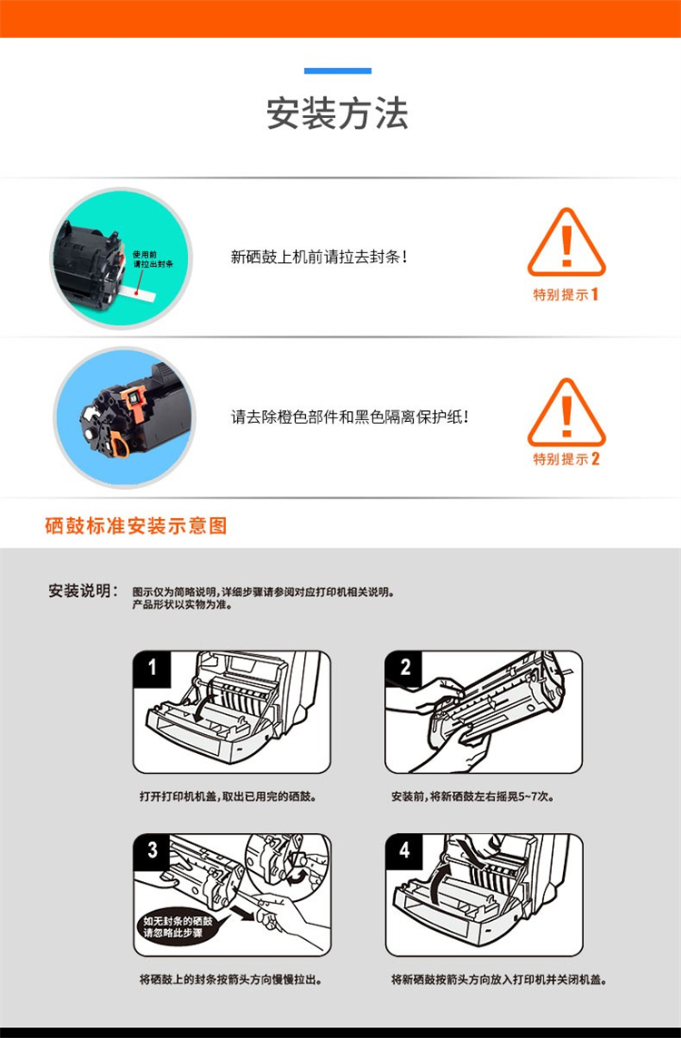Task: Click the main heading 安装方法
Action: click(x=337, y=113)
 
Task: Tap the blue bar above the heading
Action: click(x=338, y=71)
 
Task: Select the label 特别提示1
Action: click(x=567, y=295)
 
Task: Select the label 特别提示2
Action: click(x=567, y=459)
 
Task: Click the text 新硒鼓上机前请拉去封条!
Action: click(x=319, y=257)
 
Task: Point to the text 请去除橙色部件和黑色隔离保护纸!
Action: click(x=350, y=417)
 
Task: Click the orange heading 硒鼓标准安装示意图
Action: click(x=136, y=526)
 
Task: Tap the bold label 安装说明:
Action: click(x=84, y=591)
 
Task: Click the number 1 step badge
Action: click(x=153, y=668)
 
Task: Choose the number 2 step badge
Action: click(x=404, y=668)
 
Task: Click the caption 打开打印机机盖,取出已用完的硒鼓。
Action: click(x=228, y=797)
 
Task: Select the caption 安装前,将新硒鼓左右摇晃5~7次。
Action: click(x=473, y=797)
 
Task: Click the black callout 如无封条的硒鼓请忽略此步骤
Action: click(x=178, y=926)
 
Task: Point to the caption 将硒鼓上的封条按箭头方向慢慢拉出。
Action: click(x=231, y=980)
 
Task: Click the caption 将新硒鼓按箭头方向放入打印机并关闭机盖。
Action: click(x=498, y=980)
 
